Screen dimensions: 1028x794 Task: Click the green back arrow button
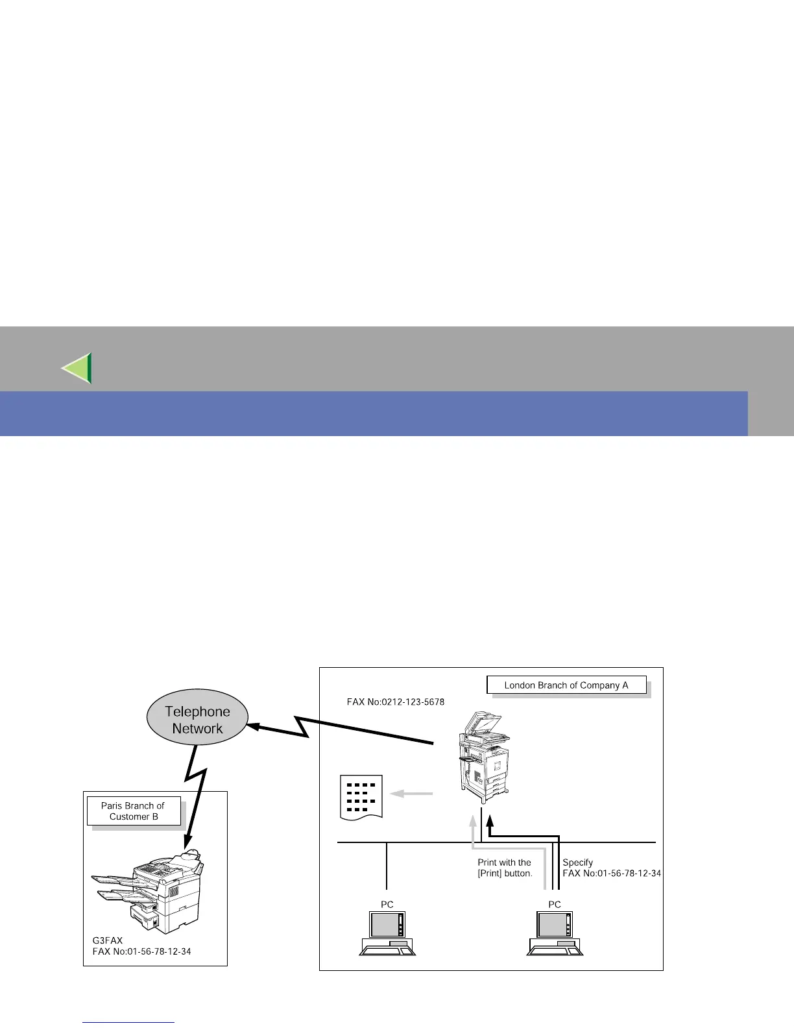tap(77, 368)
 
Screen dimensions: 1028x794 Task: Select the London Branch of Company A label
tap(566, 685)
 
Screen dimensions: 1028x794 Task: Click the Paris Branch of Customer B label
tap(134, 811)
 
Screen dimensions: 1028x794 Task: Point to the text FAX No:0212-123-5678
tap(396, 702)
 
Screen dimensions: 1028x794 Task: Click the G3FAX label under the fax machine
tap(108, 940)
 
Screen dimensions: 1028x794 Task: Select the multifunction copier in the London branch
tap(483, 754)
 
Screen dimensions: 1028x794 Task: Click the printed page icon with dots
tap(361, 797)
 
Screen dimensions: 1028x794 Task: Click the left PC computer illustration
tap(387, 933)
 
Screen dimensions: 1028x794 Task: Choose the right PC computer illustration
tap(555, 933)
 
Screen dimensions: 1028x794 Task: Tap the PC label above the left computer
tap(387, 905)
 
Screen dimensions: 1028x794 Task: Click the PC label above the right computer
tap(555, 905)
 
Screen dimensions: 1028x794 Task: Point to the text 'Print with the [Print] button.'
tap(505, 868)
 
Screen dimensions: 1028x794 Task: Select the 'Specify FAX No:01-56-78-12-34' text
tap(611, 868)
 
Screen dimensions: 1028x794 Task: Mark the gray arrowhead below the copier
tap(474, 821)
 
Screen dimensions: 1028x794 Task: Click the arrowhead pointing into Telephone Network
tap(255, 727)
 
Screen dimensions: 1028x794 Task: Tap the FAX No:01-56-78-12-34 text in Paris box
tap(141, 951)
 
